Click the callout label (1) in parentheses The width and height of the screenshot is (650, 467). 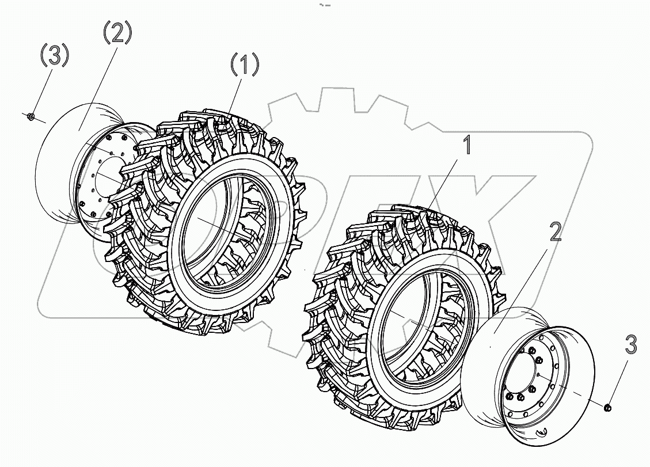click(245, 65)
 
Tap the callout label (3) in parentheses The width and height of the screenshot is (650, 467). click(54, 56)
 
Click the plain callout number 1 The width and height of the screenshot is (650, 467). click(467, 145)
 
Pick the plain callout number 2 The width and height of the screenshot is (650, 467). click(555, 231)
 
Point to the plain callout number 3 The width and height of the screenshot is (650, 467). click(630, 346)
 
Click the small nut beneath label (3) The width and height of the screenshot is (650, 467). click(32, 117)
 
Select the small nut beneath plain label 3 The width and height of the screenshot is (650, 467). click(607, 408)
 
